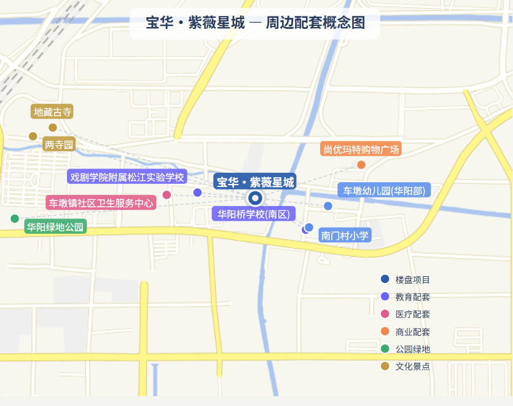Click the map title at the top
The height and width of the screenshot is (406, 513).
(x=255, y=23)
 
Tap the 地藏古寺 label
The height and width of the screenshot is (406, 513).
(x=53, y=112)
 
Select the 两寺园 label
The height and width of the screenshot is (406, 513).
(x=59, y=145)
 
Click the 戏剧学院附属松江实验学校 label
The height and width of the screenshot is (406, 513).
(x=127, y=177)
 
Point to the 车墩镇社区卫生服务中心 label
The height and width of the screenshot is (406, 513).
(x=101, y=202)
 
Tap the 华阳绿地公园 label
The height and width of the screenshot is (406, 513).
(x=55, y=227)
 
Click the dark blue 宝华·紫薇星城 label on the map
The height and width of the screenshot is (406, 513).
(x=255, y=182)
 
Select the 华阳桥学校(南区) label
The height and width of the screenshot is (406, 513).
(x=253, y=214)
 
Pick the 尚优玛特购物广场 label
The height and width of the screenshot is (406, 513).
(x=361, y=149)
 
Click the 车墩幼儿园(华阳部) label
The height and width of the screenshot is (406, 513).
(x=384, y=190)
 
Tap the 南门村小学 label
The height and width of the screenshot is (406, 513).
(x=345, y=235)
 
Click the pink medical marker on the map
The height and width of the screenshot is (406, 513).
(x=166, y=195)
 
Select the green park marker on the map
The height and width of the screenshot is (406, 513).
(x=15, y=218)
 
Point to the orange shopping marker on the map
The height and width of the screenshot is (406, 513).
(x=361, y=164)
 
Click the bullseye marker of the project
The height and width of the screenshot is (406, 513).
(x=255, y=198)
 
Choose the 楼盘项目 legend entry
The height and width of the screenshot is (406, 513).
(x=412, y=279)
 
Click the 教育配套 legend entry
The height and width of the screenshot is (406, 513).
(x=412, y=297)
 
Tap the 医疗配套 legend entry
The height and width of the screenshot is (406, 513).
(x=412, y=314)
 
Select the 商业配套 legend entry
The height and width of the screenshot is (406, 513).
(x=412, y=332)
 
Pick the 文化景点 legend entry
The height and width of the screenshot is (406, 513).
(x=412, y=366)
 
